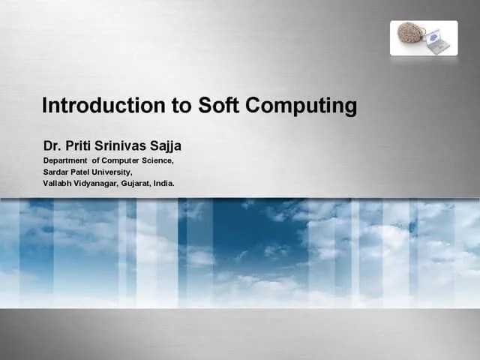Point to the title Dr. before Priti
[x=51, y=145]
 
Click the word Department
[x=64, y=160]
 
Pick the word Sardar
[x=56, y=171]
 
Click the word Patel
[x=84, y=171]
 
